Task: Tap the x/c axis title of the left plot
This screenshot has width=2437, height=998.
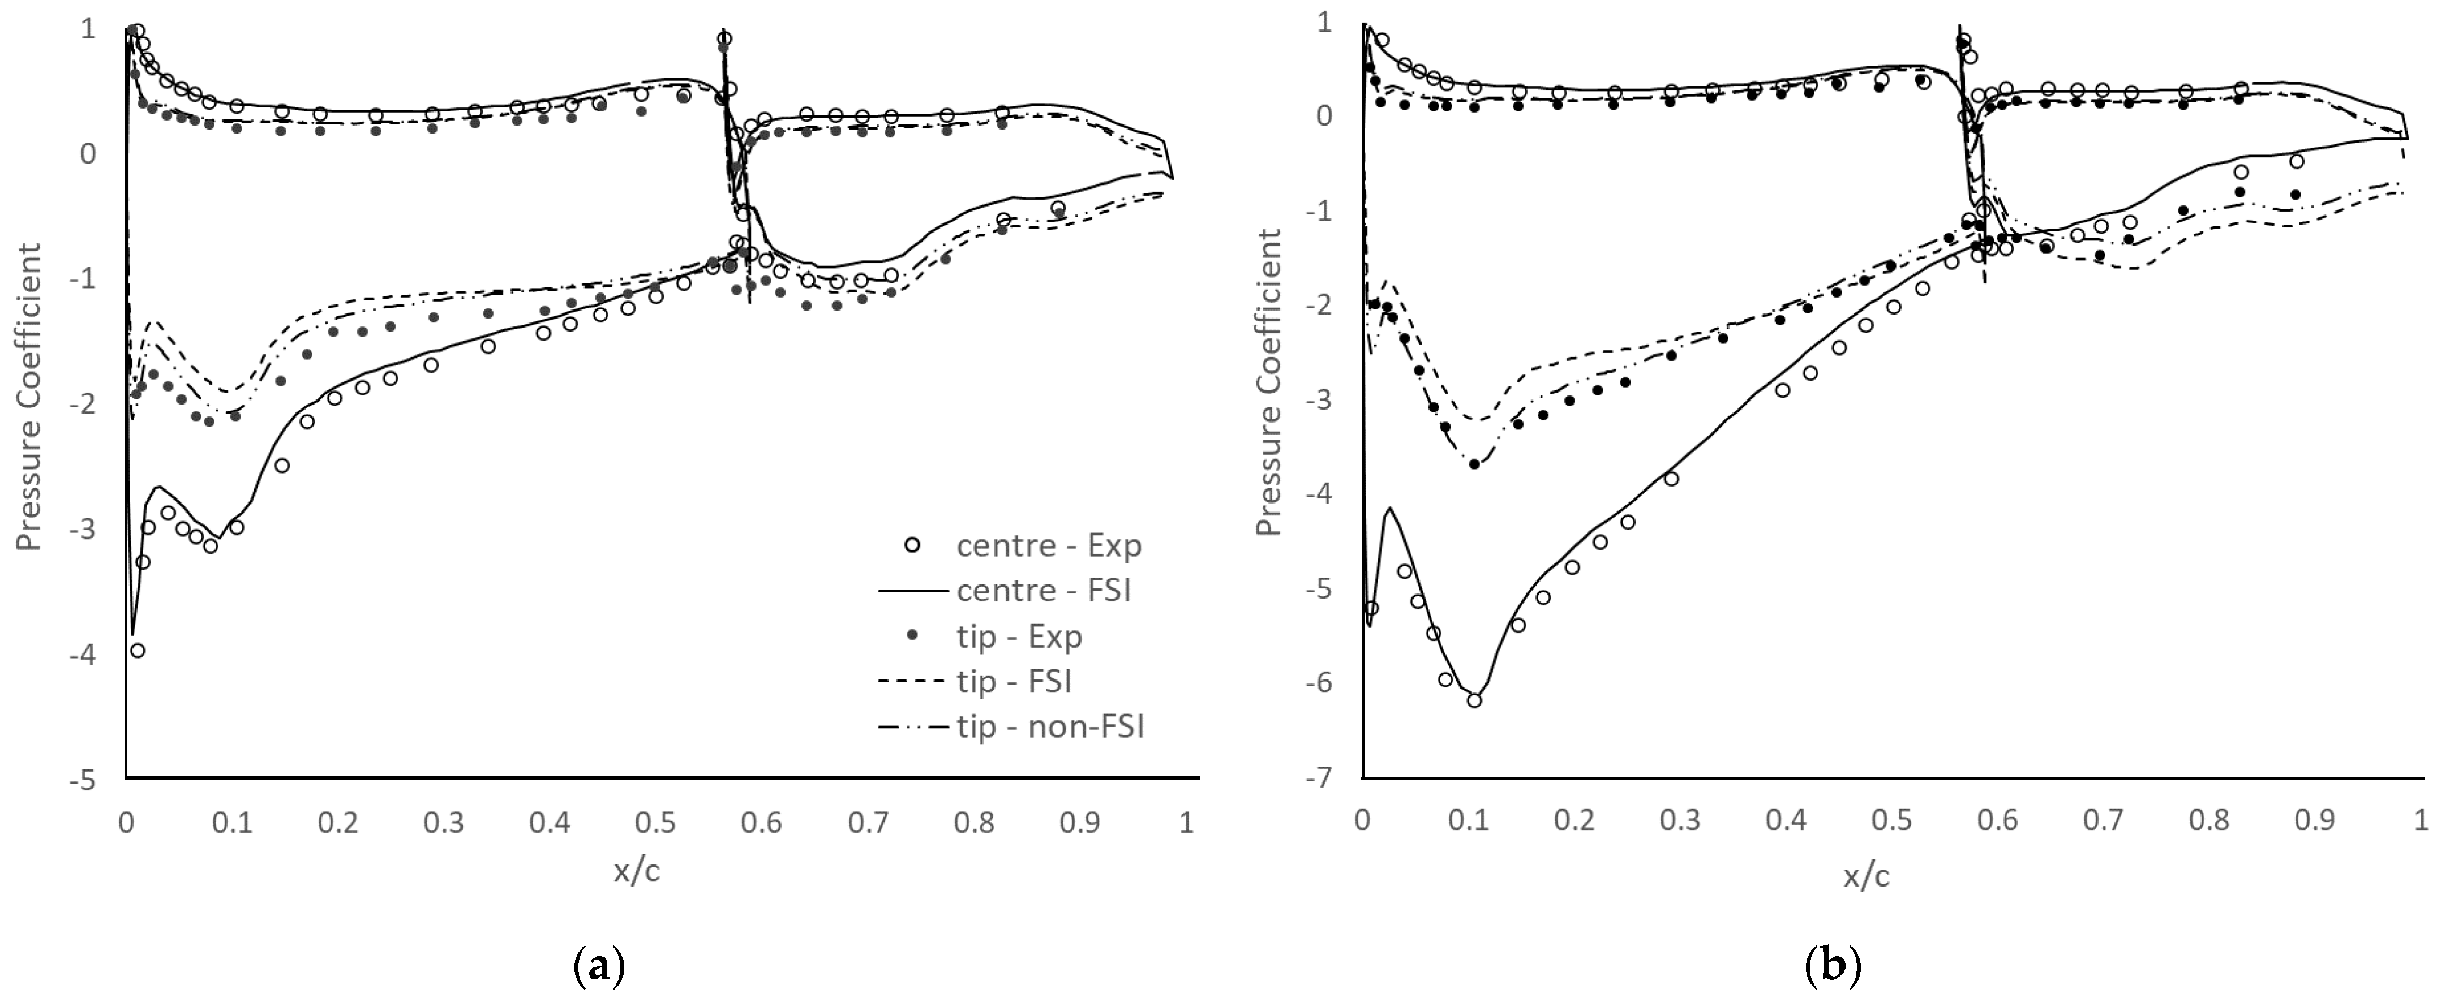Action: click(637, 871)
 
